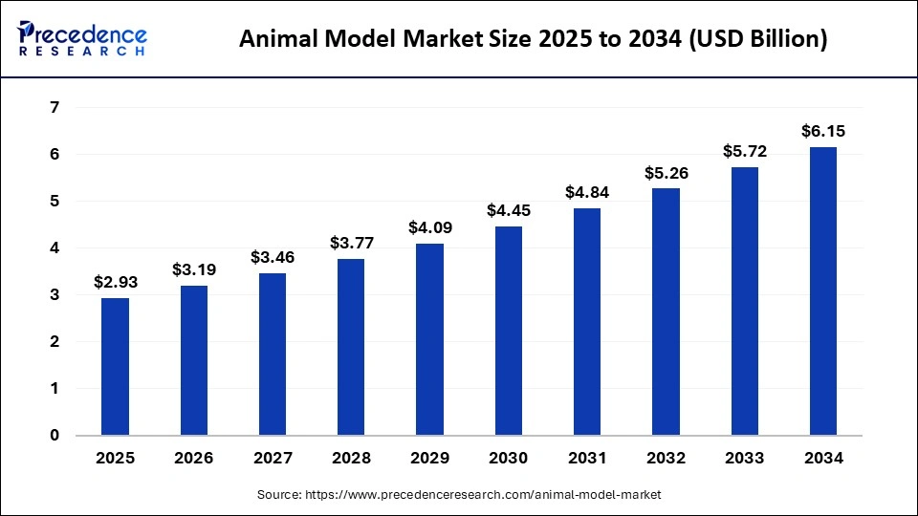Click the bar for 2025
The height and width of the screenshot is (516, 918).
coord(115,367)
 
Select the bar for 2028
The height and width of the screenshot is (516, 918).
coord(351,347)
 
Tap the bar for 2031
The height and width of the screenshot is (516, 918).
coord(587,322)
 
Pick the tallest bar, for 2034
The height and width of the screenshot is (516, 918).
coord(823,291)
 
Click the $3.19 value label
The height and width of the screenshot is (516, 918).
coord(194,269)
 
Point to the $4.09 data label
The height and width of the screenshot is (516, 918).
coord(430,227)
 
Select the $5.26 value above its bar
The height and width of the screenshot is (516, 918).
coord(667,173)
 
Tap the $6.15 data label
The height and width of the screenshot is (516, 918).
coord(823,131)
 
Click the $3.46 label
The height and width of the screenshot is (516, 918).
coord(273,257)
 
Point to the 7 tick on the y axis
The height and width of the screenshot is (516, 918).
coord(55,108)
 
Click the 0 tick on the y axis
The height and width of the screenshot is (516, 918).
coord(55,436)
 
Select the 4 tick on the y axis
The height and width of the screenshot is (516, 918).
coord(55,248)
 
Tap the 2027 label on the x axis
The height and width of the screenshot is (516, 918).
coord(273,459)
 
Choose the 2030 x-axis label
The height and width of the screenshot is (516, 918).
coord(509,459)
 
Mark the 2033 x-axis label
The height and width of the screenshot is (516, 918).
coord(745,459)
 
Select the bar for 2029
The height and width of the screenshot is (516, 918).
coord(430,339)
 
